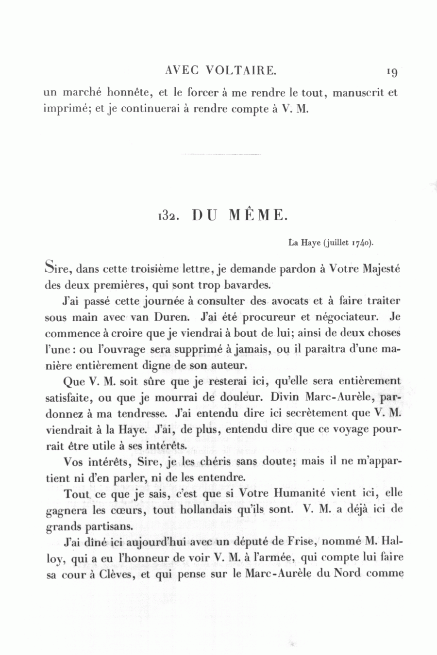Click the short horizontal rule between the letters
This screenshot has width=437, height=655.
pos(220,154)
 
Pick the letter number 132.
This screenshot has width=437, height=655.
pos(168,216)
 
